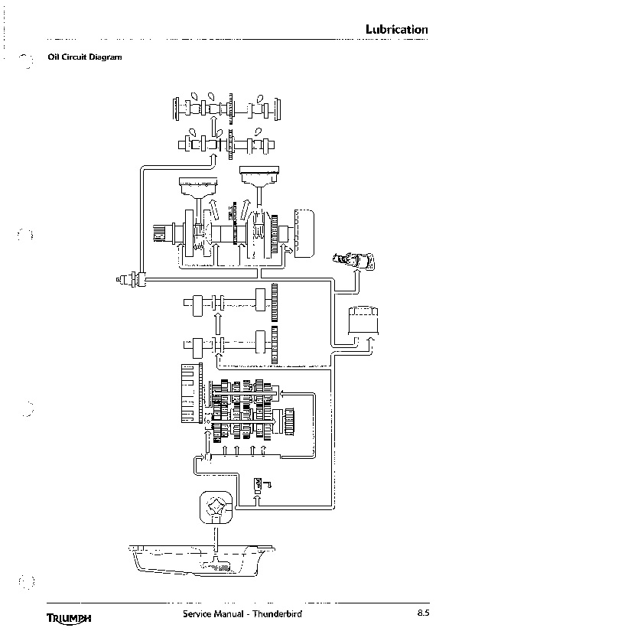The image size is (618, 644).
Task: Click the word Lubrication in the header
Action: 397,30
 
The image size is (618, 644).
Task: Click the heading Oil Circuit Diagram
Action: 85,57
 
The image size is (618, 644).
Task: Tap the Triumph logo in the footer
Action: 69,618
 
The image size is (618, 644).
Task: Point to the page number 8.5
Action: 424,613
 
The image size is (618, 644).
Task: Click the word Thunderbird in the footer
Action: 277,614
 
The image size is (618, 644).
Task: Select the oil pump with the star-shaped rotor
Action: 216,507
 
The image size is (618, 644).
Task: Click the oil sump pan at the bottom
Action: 201,561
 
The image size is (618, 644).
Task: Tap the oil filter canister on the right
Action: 363,320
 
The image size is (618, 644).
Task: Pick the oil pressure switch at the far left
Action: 131,280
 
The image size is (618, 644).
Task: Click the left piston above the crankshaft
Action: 198,187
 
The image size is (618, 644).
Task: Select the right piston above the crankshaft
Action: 259,176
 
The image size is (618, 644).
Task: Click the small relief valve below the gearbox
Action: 259,485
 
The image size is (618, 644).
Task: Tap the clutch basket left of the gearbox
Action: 192,393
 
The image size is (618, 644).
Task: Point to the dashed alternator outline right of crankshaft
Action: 304,233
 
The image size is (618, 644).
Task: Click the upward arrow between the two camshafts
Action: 213,126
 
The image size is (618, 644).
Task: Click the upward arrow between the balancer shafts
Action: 218,324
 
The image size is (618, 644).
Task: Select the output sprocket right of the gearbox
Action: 289,421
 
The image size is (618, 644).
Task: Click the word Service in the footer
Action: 197,614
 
